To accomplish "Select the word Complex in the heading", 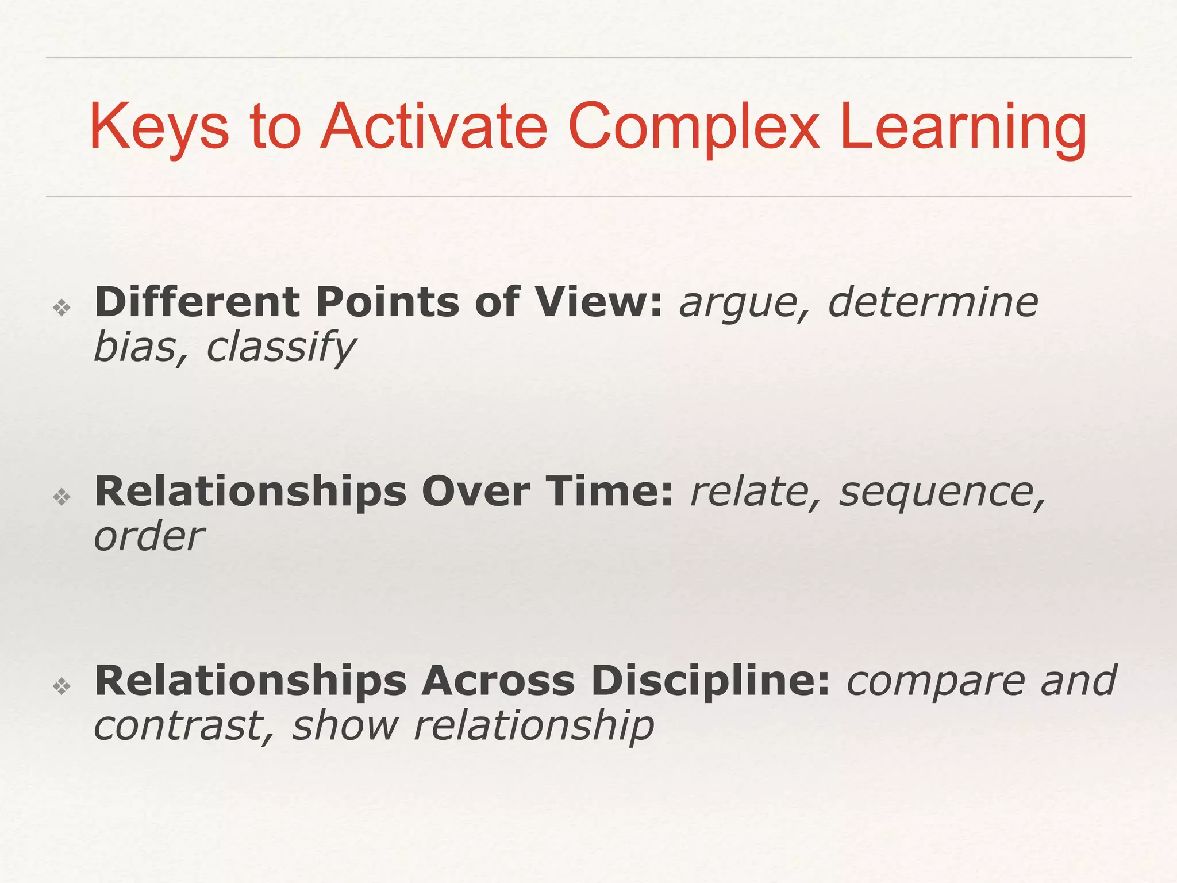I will (x=693, y=128).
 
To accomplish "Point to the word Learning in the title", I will (x=963, y=128).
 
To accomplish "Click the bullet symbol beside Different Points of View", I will (x=61, y=308).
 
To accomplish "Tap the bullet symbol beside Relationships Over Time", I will (x=61, y=497).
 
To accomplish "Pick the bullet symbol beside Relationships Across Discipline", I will (x=61, y=685).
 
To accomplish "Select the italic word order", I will (x=149, y=537).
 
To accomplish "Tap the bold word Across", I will (x=498, y=681).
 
